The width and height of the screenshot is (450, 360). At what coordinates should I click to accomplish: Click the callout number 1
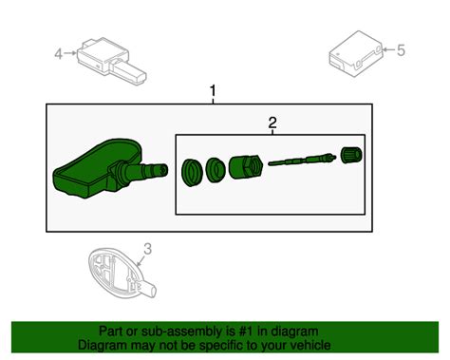[213, 91]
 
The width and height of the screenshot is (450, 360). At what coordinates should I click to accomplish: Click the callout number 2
[272, 122]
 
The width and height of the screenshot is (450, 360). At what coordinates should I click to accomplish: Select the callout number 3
[147, 251]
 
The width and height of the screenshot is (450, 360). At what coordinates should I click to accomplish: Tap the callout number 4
[58, 54]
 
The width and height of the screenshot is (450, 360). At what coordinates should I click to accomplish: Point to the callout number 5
[401, 49]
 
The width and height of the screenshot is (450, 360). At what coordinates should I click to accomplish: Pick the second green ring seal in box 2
[216, 168]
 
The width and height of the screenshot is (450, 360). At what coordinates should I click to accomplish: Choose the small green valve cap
[347, 153]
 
